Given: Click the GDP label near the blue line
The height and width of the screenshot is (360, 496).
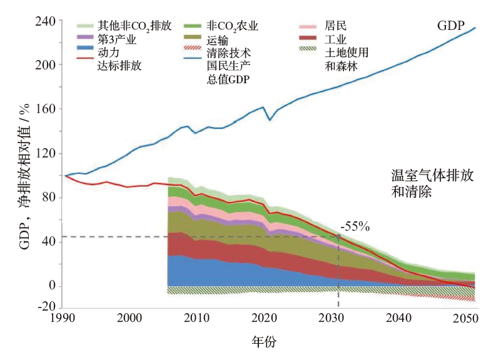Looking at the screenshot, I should tap(450, 26).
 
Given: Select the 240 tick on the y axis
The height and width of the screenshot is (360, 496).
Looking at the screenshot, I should tap(47, 21).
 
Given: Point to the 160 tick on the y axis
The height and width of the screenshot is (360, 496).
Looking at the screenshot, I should tap(47, 109).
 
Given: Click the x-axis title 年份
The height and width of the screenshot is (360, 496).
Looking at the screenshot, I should tap(263, 342).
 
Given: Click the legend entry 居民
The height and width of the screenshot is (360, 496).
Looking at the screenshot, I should tap(336, 26).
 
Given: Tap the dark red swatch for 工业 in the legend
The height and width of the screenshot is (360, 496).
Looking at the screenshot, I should tap(308, 39).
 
